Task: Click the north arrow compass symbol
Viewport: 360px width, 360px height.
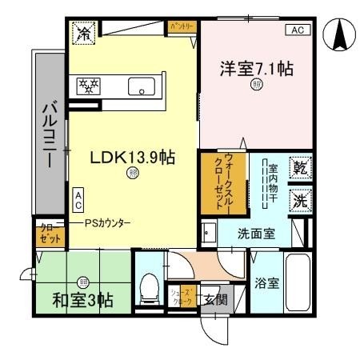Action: [x=338, y=33]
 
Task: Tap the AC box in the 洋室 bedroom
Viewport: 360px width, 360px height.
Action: [x=296, y=30]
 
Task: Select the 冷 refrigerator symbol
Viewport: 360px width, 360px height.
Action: [x=83, y=34]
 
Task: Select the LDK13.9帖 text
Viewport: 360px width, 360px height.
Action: [x=132, y=158]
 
